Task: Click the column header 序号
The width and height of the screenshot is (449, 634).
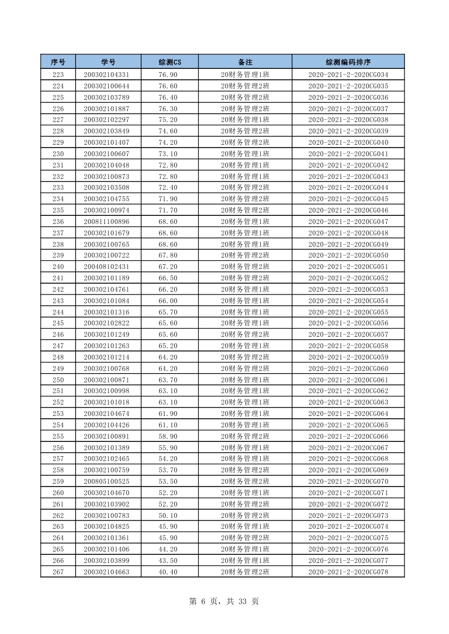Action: coord(58,62)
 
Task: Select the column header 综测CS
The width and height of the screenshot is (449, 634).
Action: coord(170,62)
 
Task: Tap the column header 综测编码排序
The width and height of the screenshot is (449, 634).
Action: coord(348,62)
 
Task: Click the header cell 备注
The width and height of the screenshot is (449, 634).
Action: coord(245,62)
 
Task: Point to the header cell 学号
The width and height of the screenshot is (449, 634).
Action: coord(109,62)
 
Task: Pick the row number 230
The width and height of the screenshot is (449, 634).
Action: coord(58,153)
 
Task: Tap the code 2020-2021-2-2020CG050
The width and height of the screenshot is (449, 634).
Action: coord(348,255)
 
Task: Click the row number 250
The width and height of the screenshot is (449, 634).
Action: coord(58,380)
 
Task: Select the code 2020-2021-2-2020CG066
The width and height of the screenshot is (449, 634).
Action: coord(348,436)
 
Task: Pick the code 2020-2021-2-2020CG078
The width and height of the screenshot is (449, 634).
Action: coord(348,572)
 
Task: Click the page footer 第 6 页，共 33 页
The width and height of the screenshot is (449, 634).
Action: coord(224,601)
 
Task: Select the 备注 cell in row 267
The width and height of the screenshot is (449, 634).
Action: coord(245,572)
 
